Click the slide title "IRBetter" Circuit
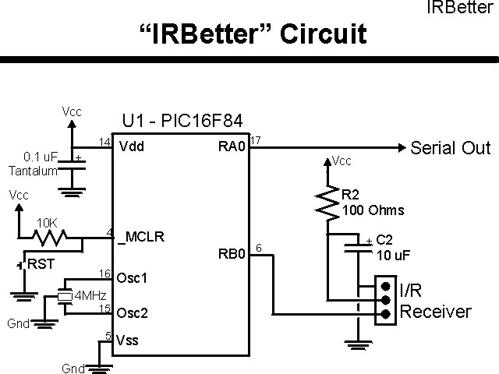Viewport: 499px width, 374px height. (x=252, y=35)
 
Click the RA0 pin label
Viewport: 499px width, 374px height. (x=232, y=146)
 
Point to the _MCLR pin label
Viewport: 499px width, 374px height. (x=140, y=237)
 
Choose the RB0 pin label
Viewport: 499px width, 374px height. (x=232, y=253)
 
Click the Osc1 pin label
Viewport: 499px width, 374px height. (x=132, y=278)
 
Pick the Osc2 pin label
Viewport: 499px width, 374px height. (x=132, y=313)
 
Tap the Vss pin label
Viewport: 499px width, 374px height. (x=128, y=340)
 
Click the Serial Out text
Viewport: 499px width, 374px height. (x=450, y=148)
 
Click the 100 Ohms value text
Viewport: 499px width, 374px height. (x=373, y=210)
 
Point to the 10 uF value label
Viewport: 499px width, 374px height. (x=394, y=256)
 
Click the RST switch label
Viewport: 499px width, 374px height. (x=40, y=265)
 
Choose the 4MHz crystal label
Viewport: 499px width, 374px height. (x=90, y=296)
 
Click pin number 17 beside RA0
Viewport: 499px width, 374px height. (x=256, y=139)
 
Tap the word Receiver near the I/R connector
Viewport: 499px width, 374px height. (x=435, y=312)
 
